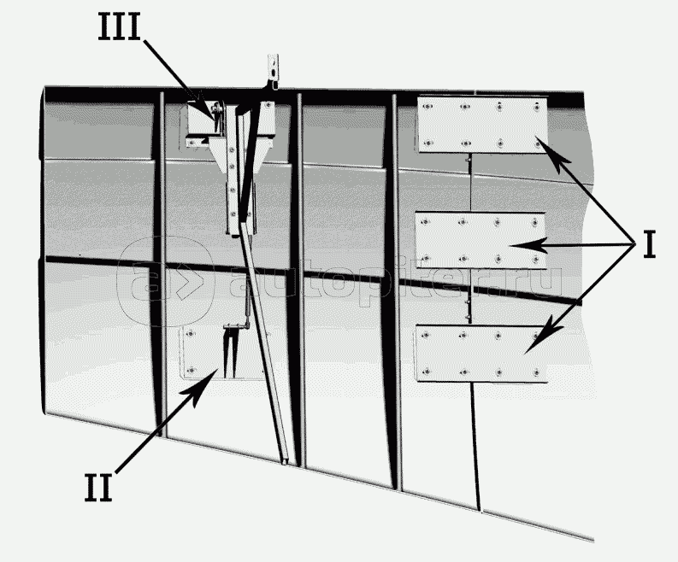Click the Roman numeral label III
coord(120,26)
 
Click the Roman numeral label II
coord(98,488)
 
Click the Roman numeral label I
coord(650,244)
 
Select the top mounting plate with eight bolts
coord(482,125)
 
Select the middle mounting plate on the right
coord(480,241)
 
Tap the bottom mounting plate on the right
coord(480,354)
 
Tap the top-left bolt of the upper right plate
coord(427,107)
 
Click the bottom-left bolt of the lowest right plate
coord(427,371)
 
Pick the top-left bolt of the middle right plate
coord(426,222)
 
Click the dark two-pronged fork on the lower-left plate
coord(230,351)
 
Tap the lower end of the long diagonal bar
coord(285,462)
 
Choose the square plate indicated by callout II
coord(221,353)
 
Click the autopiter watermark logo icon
coord(167,281)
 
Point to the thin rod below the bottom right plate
coord(475,446)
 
